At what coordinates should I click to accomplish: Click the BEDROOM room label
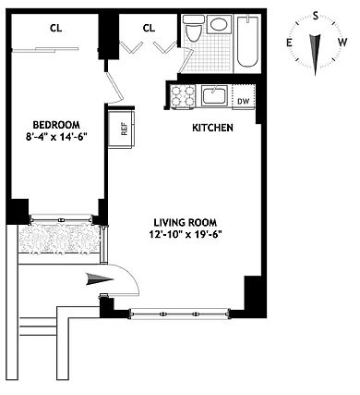[x=56, y=125]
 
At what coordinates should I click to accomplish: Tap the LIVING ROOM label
[x=186, y=222]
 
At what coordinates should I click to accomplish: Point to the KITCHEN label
[x=212, y=128]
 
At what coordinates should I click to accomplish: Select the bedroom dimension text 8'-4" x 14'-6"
[x=57, y=136]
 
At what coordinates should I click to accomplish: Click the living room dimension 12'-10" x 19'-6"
[x=186, y=234]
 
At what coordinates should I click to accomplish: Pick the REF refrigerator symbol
[x=122, y=128]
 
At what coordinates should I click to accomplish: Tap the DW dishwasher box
[x=244, y=96]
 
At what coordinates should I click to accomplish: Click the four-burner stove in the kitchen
[x=183, y=96]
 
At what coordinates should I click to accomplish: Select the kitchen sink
[x=214, y=96]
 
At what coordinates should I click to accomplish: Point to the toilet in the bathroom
[x=193, y=29]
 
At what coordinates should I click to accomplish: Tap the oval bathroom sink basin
[x=219, y=24]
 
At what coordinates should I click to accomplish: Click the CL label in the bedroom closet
[x=55, y=29]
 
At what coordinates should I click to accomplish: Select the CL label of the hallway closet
[x=149, y=29]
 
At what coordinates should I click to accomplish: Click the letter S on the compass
[x=316, y=16]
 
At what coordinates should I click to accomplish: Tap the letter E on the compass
[x=289, y=43]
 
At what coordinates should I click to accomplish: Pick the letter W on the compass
[x=342, y=42]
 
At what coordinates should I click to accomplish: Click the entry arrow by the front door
[x=100, y=279]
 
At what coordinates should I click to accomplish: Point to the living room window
[x=180, y=315]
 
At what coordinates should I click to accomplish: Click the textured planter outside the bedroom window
[x=59, y=239]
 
